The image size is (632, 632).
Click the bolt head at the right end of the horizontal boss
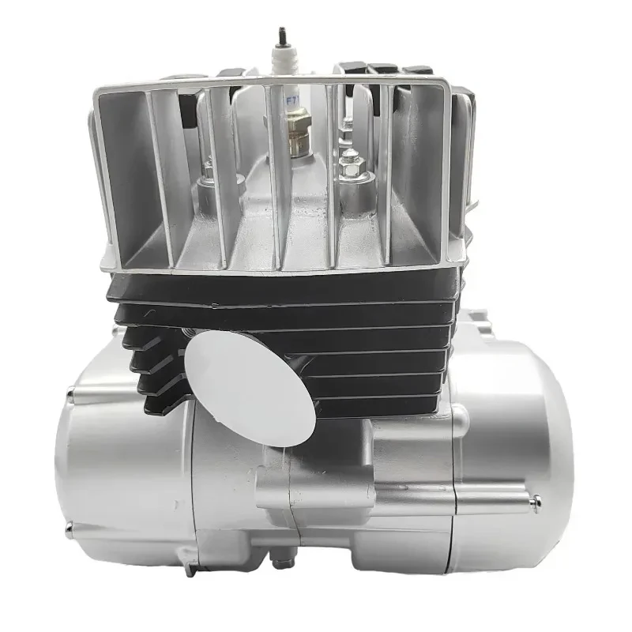tap(536, 499)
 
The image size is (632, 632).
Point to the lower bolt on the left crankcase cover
tap(70, 528)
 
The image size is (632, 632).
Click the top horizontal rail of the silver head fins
tap(316, 81)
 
